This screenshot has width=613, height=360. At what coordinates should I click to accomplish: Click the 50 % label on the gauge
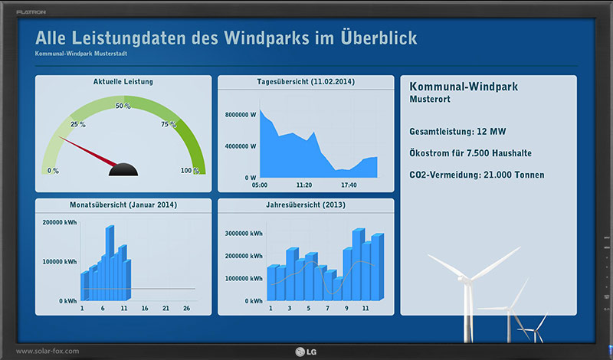(123, 106)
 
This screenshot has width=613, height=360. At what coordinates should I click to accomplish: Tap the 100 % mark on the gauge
(190, 170)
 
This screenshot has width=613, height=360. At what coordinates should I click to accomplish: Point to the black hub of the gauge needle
(123, 169)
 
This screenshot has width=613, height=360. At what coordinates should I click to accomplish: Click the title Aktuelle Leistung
(123, 82)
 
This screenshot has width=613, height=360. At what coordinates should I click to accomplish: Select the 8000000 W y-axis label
(241, 115)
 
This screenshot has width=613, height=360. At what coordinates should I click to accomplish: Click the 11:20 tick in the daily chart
(303, 185)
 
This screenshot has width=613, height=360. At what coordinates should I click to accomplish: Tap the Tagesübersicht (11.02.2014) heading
(306, 82)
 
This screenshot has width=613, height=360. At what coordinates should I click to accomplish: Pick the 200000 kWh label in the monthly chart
(60, 222)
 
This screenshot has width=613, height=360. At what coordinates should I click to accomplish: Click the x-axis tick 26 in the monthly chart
(186, 309)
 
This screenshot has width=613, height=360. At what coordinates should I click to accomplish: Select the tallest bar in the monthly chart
(110, 263)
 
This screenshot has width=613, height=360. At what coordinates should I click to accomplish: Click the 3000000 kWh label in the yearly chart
(244, 234)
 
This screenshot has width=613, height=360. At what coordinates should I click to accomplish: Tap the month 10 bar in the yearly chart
(358, 264)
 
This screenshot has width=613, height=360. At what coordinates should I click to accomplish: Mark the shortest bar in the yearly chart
(338, 290)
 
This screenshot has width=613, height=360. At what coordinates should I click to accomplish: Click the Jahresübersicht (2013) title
(306, 205)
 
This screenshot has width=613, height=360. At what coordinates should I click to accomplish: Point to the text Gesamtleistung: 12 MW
(457, 132)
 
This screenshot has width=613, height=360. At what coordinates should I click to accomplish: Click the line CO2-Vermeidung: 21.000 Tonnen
(477, 175)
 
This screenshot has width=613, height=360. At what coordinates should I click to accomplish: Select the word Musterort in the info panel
(430, 100)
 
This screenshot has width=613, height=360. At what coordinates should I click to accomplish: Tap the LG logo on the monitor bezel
(306, 352)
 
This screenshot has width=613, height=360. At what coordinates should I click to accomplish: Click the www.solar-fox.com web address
(48, 351)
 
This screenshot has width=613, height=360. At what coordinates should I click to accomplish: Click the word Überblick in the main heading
(379, 37)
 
